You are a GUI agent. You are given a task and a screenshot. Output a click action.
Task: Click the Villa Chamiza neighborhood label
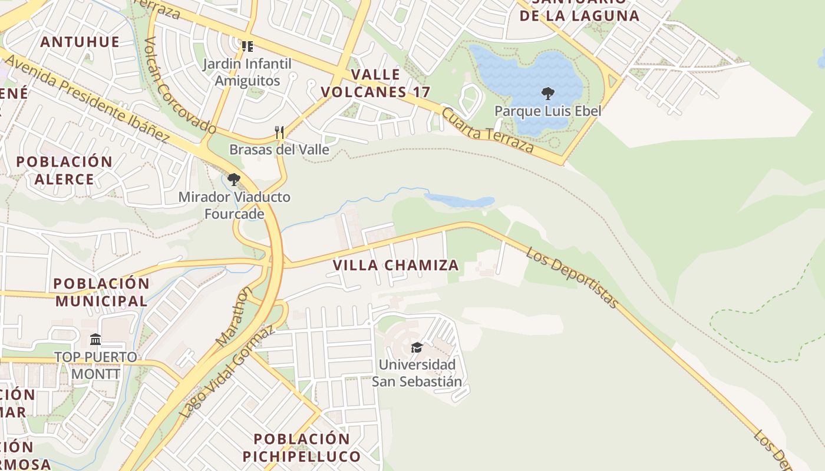coord(395,265)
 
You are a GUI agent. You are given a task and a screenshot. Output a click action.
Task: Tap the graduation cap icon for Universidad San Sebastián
coord(417,347)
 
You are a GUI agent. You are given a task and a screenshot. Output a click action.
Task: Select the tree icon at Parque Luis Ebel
coord(547,93)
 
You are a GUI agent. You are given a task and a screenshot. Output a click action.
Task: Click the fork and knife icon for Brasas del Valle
coord(279,132)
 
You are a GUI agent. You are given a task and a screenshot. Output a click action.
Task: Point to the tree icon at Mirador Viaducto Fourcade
coord(234,179)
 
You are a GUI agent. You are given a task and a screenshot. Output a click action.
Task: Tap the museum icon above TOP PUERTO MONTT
coord(95,339)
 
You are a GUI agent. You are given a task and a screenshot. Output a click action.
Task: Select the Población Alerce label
coord(64,170)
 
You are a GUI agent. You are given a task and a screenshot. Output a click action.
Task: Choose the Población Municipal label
coord(101,292)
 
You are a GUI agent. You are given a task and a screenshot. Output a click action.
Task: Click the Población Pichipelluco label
coord(302,447)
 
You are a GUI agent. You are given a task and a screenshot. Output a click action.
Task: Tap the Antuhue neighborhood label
coord(80,42)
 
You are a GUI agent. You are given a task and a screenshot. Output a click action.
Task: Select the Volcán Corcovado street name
coord(180,85)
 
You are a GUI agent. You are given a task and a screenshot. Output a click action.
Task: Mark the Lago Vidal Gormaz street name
coord(227,372)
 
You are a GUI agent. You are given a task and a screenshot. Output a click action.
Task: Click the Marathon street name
coord(235,316)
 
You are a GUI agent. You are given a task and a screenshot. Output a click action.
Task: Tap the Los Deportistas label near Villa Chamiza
coord(572,277)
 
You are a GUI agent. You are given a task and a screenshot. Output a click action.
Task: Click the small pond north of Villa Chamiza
coord(460,200)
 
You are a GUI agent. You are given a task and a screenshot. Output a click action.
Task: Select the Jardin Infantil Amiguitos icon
coord(247,46)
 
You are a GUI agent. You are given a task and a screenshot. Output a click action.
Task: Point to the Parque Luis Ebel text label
coord(547,111)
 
